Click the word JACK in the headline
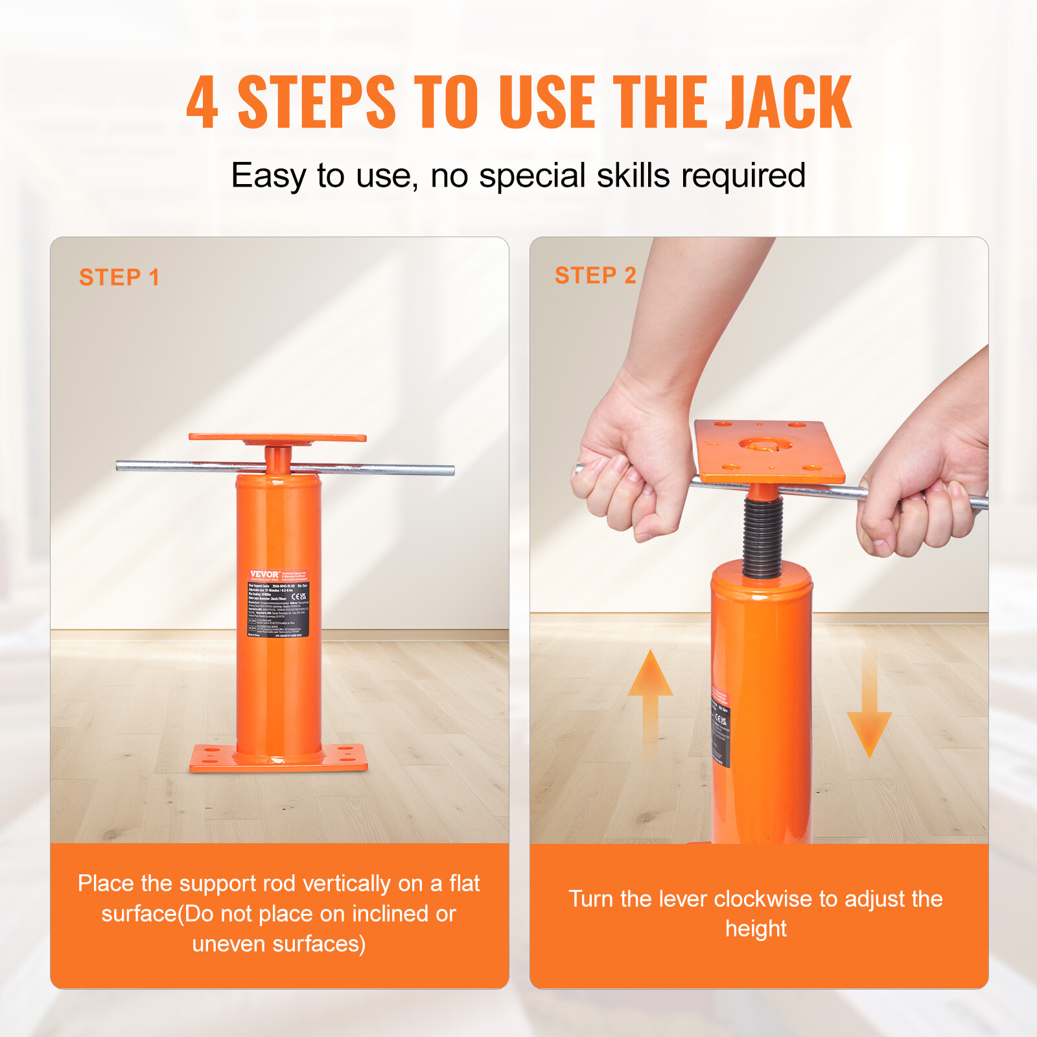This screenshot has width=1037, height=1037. (x=787, y=102)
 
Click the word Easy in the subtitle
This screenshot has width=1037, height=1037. (x=268, y=176)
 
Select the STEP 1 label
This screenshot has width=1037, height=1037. (x=119, y=277)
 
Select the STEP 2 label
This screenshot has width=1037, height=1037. (x=595, y=275)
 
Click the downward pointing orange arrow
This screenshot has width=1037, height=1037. (x=869, y=713)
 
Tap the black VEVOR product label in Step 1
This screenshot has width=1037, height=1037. (x=279, y=603)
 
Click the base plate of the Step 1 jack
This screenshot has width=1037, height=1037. (x=279, y=758)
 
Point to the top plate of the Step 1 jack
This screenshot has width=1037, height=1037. (x=277, y=437)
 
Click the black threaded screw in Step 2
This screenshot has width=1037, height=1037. (x=762, y=538)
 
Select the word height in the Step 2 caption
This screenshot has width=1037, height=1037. (x=756, y=929)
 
